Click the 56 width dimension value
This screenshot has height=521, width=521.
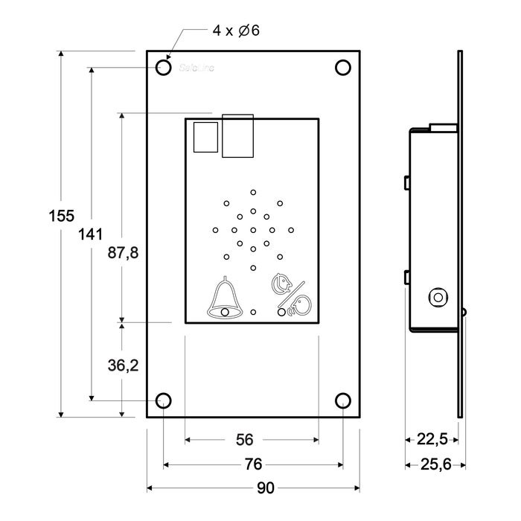click(244, 440)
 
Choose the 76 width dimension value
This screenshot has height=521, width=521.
click(253, 464)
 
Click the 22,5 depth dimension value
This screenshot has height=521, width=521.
click(432, 440)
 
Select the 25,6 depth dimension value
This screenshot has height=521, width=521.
click(436, 464)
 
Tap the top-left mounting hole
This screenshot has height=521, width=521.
click(164, 68)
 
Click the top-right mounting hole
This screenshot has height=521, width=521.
click(342, 68)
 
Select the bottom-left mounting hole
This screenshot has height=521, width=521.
click(163, 402)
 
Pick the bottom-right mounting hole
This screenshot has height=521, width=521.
click(342, 402)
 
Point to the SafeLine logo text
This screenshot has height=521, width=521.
click(195, 68)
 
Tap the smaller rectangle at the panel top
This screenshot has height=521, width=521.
click(205, 138)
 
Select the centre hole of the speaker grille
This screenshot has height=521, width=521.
click(253, 229)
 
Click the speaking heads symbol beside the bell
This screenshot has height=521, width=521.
click(288, 296)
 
